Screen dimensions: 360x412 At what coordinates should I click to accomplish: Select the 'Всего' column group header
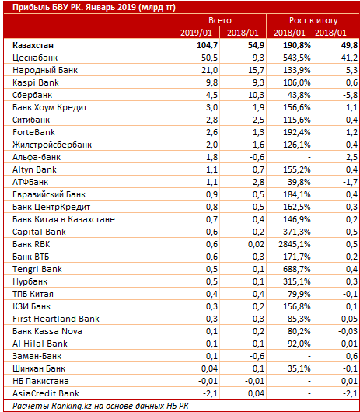coord(220,20)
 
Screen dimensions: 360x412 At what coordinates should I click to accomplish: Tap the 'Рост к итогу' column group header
coord(313,20)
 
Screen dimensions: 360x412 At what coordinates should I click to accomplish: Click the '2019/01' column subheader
coord(196,33)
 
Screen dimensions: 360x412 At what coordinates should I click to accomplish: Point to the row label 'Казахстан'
coord(33,45)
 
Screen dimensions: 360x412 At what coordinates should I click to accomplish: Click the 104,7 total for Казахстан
coord(207,45)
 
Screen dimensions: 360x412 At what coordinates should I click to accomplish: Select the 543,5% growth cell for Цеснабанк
coord(297,58)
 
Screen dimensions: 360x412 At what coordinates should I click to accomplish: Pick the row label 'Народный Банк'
coord(45,70)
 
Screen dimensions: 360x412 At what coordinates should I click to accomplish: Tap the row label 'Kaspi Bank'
coord(36,82)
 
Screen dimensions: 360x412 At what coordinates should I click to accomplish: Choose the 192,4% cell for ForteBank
coord(297,132)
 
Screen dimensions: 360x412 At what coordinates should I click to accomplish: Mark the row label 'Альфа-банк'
coord(37,157)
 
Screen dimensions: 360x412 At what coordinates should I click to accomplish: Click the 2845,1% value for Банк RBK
coord(295,244)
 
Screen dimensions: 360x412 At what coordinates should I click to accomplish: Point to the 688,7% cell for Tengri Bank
coord(297,269)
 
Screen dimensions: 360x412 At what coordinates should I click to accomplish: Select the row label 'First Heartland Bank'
coord(56,319)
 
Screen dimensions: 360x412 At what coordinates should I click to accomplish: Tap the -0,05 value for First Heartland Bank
coord(348,319)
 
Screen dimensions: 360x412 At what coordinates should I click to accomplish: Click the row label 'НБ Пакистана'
coord(40,381)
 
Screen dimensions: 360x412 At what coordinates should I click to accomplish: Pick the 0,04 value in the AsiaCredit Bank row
coord(257,393)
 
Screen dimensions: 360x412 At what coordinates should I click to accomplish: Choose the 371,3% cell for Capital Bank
coord(297,232)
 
